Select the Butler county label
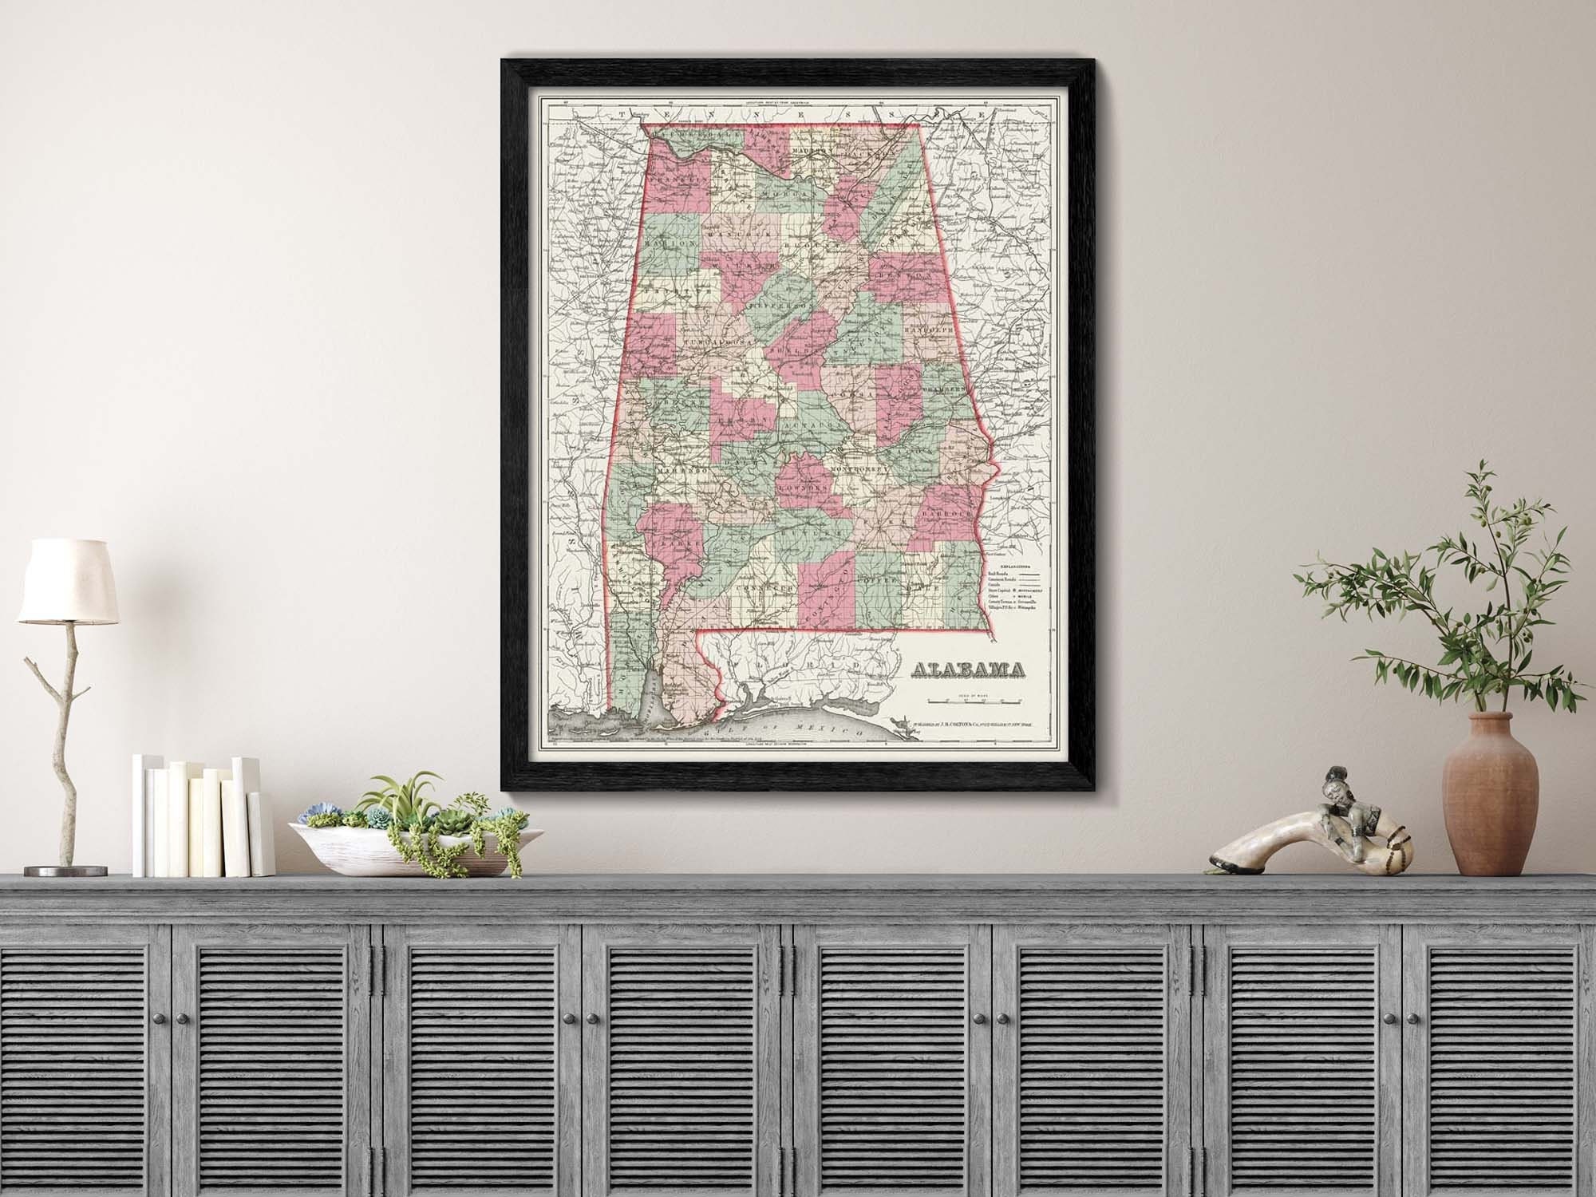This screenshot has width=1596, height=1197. tap(816, 532)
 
